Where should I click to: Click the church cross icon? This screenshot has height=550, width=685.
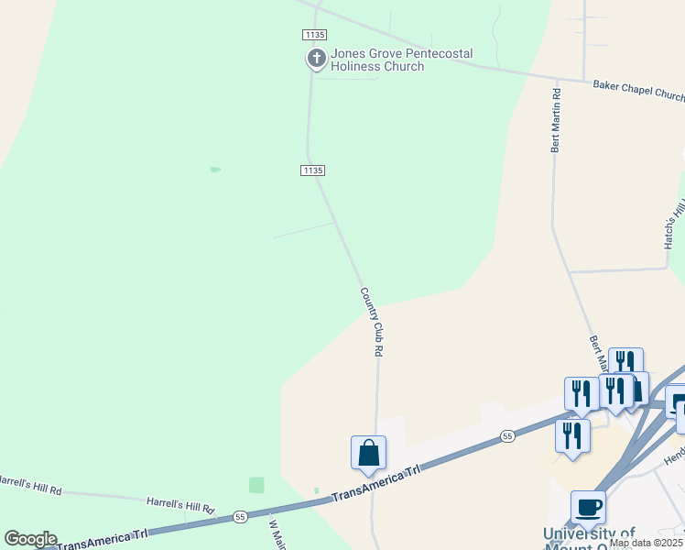pyautogui.click(x=316, y=60)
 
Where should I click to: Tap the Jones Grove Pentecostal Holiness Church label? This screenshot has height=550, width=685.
pyautogui.click(x=377, y=60)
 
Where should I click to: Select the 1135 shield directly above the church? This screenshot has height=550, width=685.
pyautogui.click(x=313, y=34)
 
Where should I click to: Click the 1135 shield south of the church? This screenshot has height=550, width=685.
pyautogui.click(x=312, y=170)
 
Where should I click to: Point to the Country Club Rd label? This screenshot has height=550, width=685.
pyautogui.click(x=371, y=322)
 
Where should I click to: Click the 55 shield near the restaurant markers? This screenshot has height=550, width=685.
pyautogui.click(x=506, y=437)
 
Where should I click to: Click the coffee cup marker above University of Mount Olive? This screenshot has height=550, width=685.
pyautogui.click(x=588, y=507)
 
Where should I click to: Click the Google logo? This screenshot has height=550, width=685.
pyautogui.click(x=30, y=539)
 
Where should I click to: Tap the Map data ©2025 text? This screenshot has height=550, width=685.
pyautogui.click(x=646, y=543)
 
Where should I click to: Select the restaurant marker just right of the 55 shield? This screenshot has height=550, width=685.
pyautogui.click(x=572, y=434)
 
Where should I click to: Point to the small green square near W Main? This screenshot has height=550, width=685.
pyautogui.click(x=256, y=485)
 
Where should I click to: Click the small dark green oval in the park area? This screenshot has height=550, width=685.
pyautogui.click(x=215, y=170)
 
